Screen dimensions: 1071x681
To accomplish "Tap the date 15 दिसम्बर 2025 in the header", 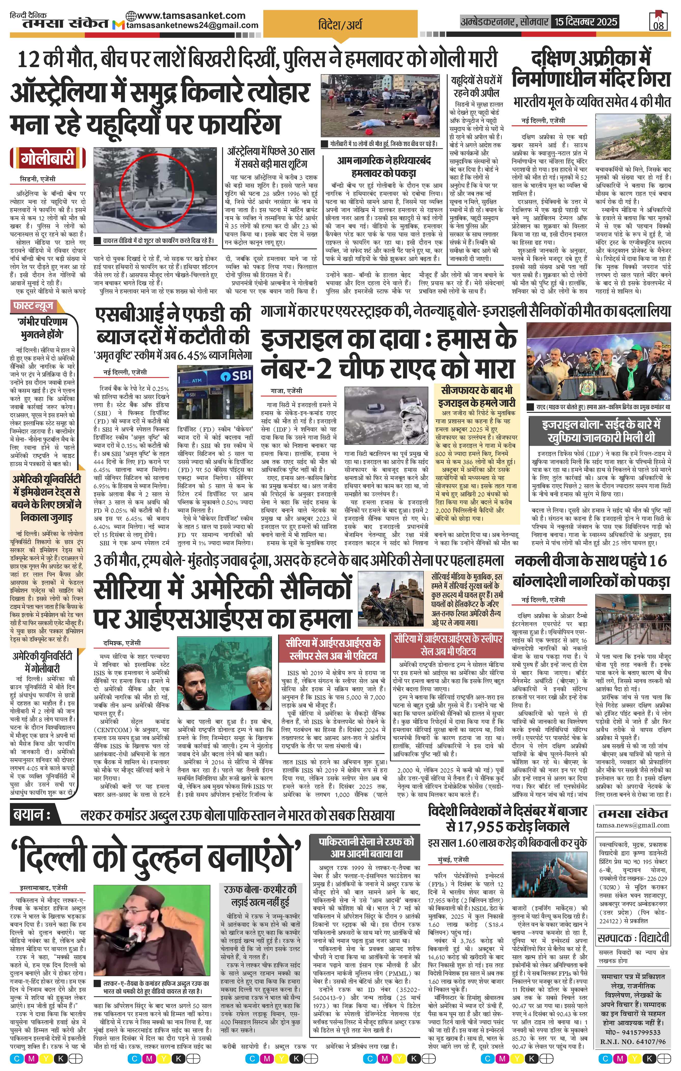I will [585, 21].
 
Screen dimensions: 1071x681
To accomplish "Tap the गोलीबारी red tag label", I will [48, 159].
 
